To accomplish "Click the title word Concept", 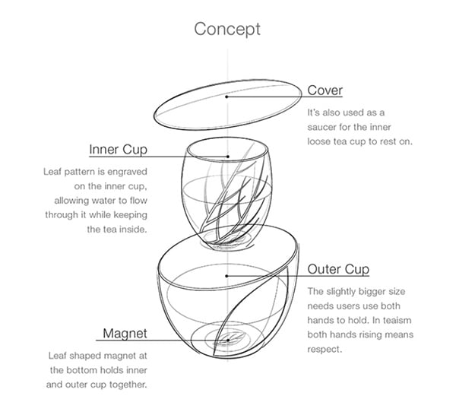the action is click(x=227, y=30).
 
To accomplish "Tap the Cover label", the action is click(x=325, y=90).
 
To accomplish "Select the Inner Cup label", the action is click(x=118, y=150).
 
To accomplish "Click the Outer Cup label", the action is click(x=338, y=269).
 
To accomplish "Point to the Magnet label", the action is click(x=125, y=333).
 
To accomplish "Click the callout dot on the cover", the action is click(x=226, y=97).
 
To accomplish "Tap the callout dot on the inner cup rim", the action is click(x=228, y=157).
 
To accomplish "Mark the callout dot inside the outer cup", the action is click(x=226, y=276).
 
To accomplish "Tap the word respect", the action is click(x=325, y=350).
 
